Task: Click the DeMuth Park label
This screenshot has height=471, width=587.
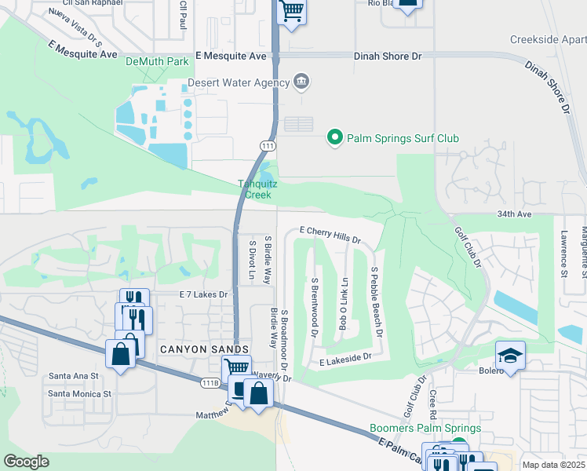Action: (159, 60)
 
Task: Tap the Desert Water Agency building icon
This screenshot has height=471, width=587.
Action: (301, 81)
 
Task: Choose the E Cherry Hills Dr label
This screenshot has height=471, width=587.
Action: (331, 233)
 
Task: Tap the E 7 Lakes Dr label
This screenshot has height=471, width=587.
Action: (202, 294)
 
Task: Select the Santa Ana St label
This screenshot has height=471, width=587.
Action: (73, 376)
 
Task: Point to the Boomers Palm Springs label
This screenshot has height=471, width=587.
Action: (425, 429)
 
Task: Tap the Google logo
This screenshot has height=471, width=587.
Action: (25, 462)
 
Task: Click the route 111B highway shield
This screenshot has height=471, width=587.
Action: (208, 382)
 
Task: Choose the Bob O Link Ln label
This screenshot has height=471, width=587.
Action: (343, 303)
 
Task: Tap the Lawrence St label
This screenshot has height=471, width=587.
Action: (563, 254)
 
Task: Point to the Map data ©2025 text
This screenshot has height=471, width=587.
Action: (553, 465)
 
